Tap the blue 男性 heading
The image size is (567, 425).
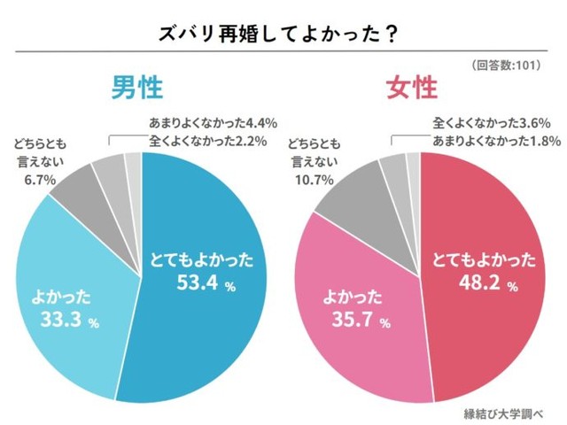(x=137, y=89)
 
